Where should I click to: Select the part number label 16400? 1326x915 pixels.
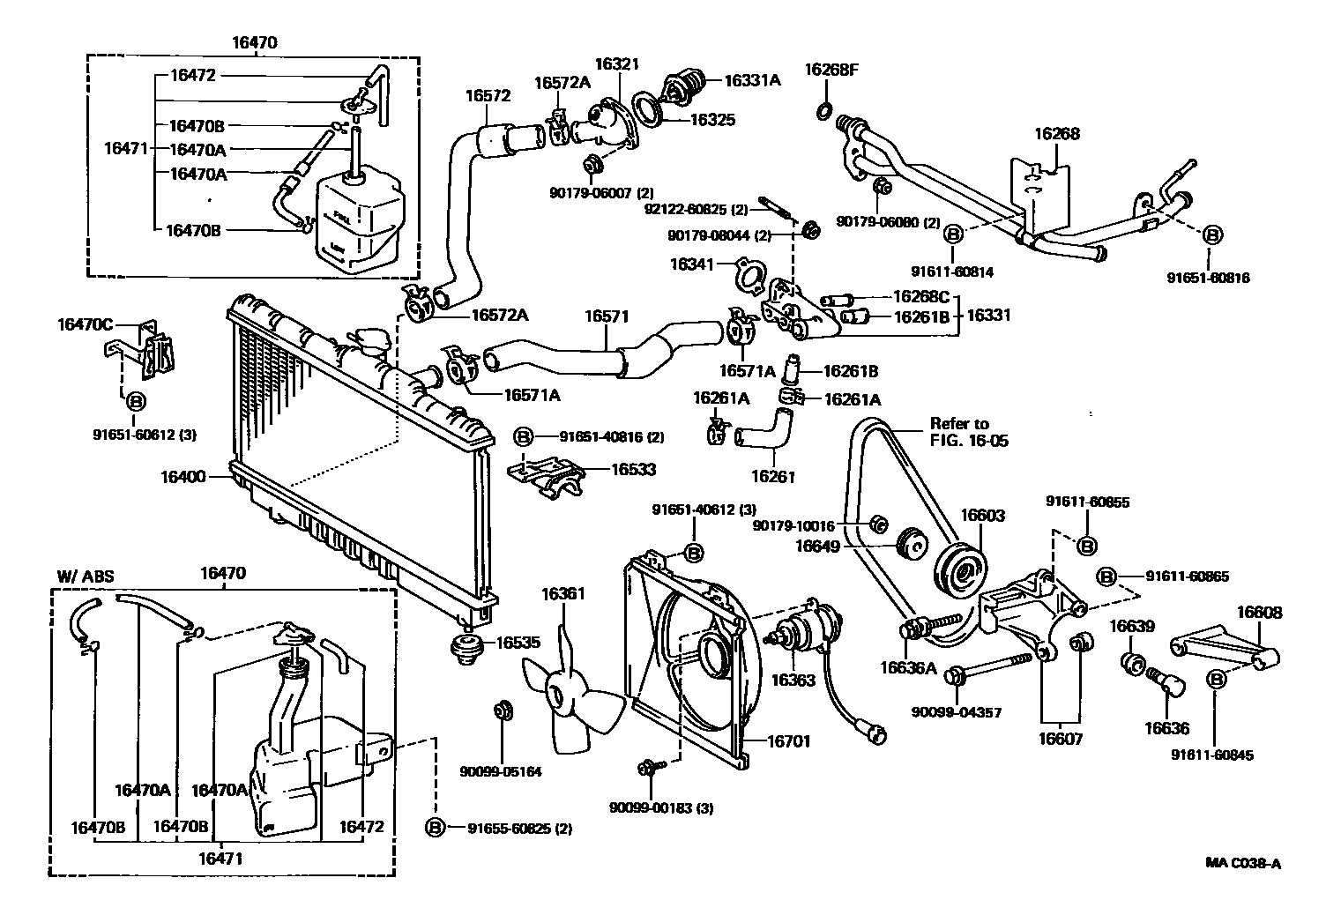183,478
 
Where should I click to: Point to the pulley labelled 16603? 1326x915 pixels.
961,569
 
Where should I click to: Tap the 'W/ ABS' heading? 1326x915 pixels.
86,577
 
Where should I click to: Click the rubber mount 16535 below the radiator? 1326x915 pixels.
466,646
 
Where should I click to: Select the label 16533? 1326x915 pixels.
634,470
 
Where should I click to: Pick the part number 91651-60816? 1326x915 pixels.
1209,277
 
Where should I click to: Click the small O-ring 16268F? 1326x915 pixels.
823,110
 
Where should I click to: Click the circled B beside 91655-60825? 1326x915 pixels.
434,827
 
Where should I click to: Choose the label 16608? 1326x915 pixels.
1259,613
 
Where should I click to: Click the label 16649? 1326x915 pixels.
818,547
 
